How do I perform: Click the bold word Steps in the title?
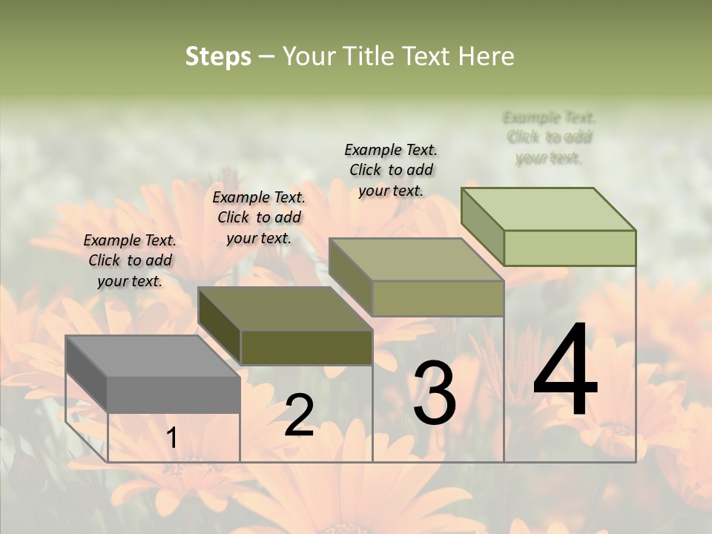coord(218,56)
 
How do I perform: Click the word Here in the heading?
coord(487,56)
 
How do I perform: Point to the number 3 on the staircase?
coord(434,393)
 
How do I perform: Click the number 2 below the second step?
coord(299,415)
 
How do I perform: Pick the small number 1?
coord(171,438)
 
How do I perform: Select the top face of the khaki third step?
coord(415,260)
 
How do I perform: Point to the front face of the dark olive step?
coord(306,347)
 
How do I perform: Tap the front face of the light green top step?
coord(570,248)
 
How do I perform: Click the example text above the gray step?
coord(130,260)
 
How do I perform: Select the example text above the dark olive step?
coord(259,217)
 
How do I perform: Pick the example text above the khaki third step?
coord(391,170)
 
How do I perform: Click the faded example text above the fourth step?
coord(549,137)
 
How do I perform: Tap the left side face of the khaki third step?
coord(350,277)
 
